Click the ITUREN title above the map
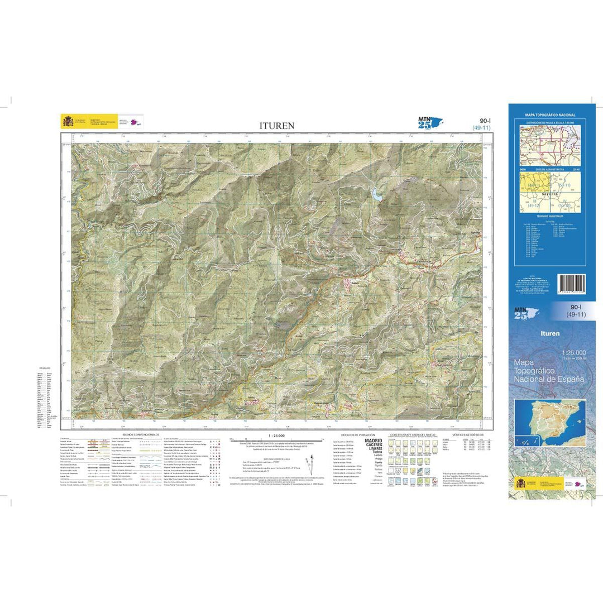click(x=276, y=126)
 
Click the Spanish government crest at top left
click(x=68, y=121)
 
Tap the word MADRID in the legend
click(x=373, y=441)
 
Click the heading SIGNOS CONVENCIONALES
click(x=135, y=434)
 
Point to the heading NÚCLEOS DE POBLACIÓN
click(x=351, y=434)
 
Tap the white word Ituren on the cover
click(x=550, y=333)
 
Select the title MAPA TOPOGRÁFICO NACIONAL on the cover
click(x=551, y=115)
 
